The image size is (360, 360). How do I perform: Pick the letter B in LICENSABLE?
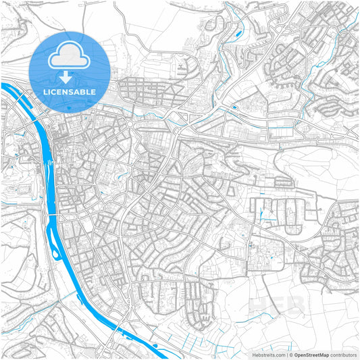[84, 91]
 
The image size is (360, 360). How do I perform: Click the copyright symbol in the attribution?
[290, 355]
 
